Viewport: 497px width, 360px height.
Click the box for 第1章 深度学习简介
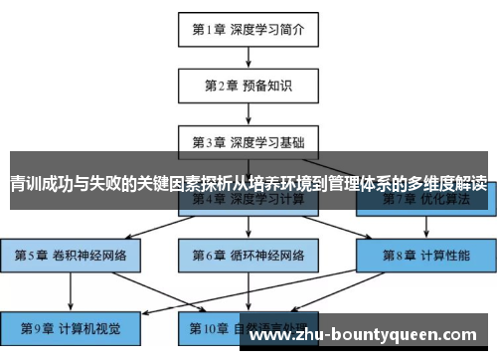pyautogui.click(x=248, y=29)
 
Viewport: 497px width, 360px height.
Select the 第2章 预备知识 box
pyautogui.click(x=248, y=85)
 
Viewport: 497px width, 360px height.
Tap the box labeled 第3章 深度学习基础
pyautogui.click(x=248, y=141)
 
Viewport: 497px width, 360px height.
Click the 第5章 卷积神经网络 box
pyautogui.click(x=70, y=256)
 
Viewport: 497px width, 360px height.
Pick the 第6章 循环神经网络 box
pyautogui.click(x=248, y=256)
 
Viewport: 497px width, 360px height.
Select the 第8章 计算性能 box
pyautogui.click(x=425, y=256)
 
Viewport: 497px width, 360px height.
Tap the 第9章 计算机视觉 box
pyautogui.click(x=70, y=325)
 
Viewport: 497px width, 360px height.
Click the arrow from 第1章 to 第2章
pyautogui.click(x=248, y=57)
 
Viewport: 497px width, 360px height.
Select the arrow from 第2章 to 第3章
pyautogui.click(x=248, y=113)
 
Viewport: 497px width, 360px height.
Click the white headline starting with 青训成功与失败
pyautogui.click(x=248, y=184)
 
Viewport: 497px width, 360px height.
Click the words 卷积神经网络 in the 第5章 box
pyautogui.click(x=90, y=256)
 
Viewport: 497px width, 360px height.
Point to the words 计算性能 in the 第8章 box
pyautogui.click(x=443, y=256)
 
